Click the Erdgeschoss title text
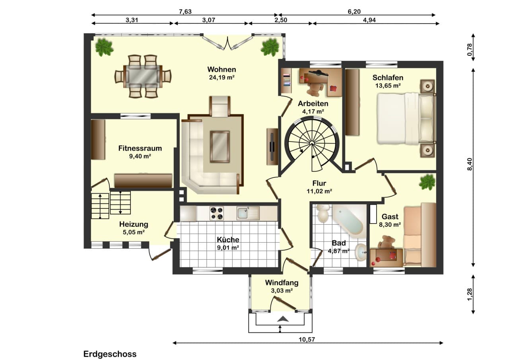(110, 354)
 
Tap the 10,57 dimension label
(307, 340)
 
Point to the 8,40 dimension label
(470, 164)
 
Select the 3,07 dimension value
(209, 20)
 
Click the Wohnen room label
(221, 69)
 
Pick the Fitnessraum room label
(140, 148)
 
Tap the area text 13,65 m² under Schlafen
(388, 86)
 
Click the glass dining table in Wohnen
(143, 76)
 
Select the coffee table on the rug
(220, 147)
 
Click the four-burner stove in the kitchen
(216, 213)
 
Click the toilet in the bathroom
(322, 213)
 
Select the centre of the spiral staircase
(312, 143)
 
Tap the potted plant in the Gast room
(427, 182)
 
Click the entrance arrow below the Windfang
(283, 319)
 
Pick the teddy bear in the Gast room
(386, 242)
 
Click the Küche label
(228, 239)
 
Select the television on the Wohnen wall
(272, 147)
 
